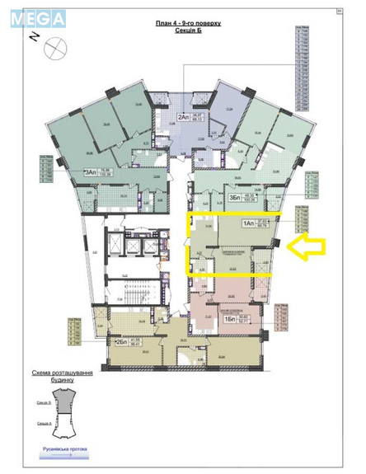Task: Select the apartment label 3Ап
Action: click(x=91, y=172)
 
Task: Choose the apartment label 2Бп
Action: click(x=123, y=341)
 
